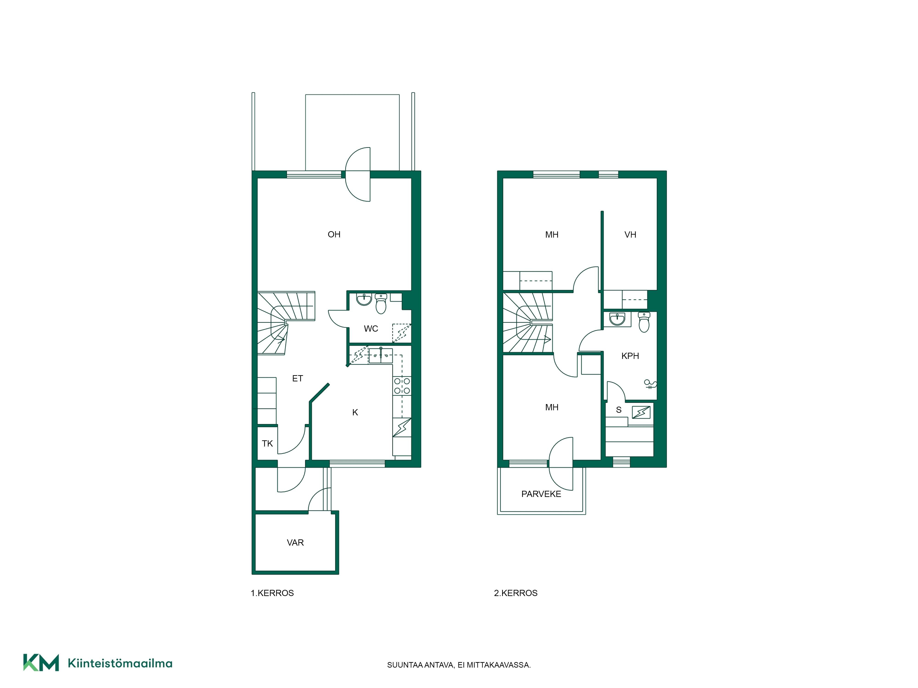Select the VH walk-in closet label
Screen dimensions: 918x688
[630, 235]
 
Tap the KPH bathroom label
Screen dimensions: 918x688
[630, 356]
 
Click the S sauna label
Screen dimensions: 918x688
[619, 410]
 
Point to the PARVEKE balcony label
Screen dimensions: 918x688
[541, 494]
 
